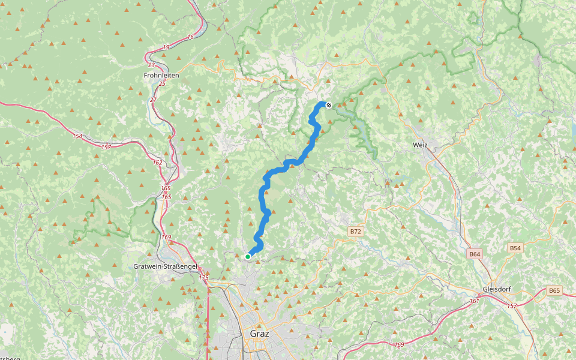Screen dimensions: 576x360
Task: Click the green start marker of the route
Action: [247, 257]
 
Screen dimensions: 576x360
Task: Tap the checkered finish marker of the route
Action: [328, 105]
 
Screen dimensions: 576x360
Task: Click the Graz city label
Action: [259, 333]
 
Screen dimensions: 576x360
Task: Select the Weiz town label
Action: [420, 145]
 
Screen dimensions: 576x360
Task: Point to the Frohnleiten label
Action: [161, 76]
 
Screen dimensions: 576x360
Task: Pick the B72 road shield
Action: [356, 231]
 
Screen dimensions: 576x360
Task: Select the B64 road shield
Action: [475, 254]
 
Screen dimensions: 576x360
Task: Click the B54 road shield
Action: [515, 248]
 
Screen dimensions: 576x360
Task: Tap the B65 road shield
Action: [554, 290]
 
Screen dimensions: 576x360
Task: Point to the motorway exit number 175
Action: [204, 278]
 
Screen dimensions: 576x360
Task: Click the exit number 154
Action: [77, 136]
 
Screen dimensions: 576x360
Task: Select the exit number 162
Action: [157, 163]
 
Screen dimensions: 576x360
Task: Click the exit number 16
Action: [190, 37]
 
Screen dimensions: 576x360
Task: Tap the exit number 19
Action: [166, 47]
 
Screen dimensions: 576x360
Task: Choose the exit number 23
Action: [151, 65]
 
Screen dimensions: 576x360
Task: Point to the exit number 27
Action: [153, 100]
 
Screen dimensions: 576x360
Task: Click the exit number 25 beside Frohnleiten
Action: [161, 83]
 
